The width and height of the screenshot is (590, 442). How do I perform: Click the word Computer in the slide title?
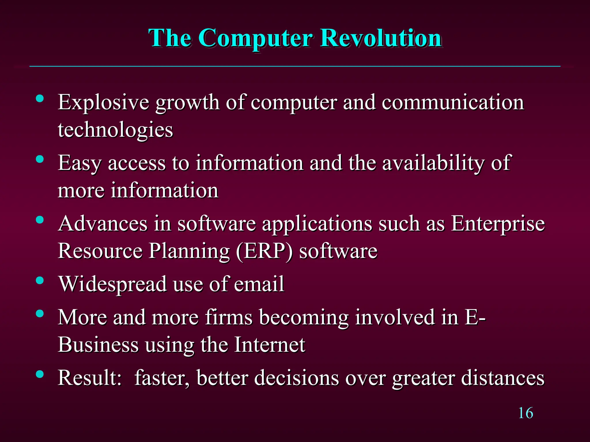tap(255, 38)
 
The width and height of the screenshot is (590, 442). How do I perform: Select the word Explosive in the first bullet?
tap(103, 102)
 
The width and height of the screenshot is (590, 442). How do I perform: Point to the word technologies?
tap(115, 130)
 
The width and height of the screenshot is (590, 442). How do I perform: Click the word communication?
tap(453, 102)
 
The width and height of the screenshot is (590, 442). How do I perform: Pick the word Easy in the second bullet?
tap(80, 163)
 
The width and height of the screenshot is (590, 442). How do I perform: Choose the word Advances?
tap(103, 224)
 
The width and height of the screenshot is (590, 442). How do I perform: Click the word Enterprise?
tap(498, 224)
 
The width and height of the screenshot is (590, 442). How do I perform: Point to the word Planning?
tap(189, 251)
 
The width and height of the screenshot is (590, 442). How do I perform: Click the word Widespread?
tap(113, 284)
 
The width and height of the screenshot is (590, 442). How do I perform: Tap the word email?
tap(259, 284)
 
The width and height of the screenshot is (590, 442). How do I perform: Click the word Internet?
tap(270, 345)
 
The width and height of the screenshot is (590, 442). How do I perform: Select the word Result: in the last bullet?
tap(90, 378)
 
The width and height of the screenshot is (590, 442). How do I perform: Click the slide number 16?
tap(525, 413)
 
